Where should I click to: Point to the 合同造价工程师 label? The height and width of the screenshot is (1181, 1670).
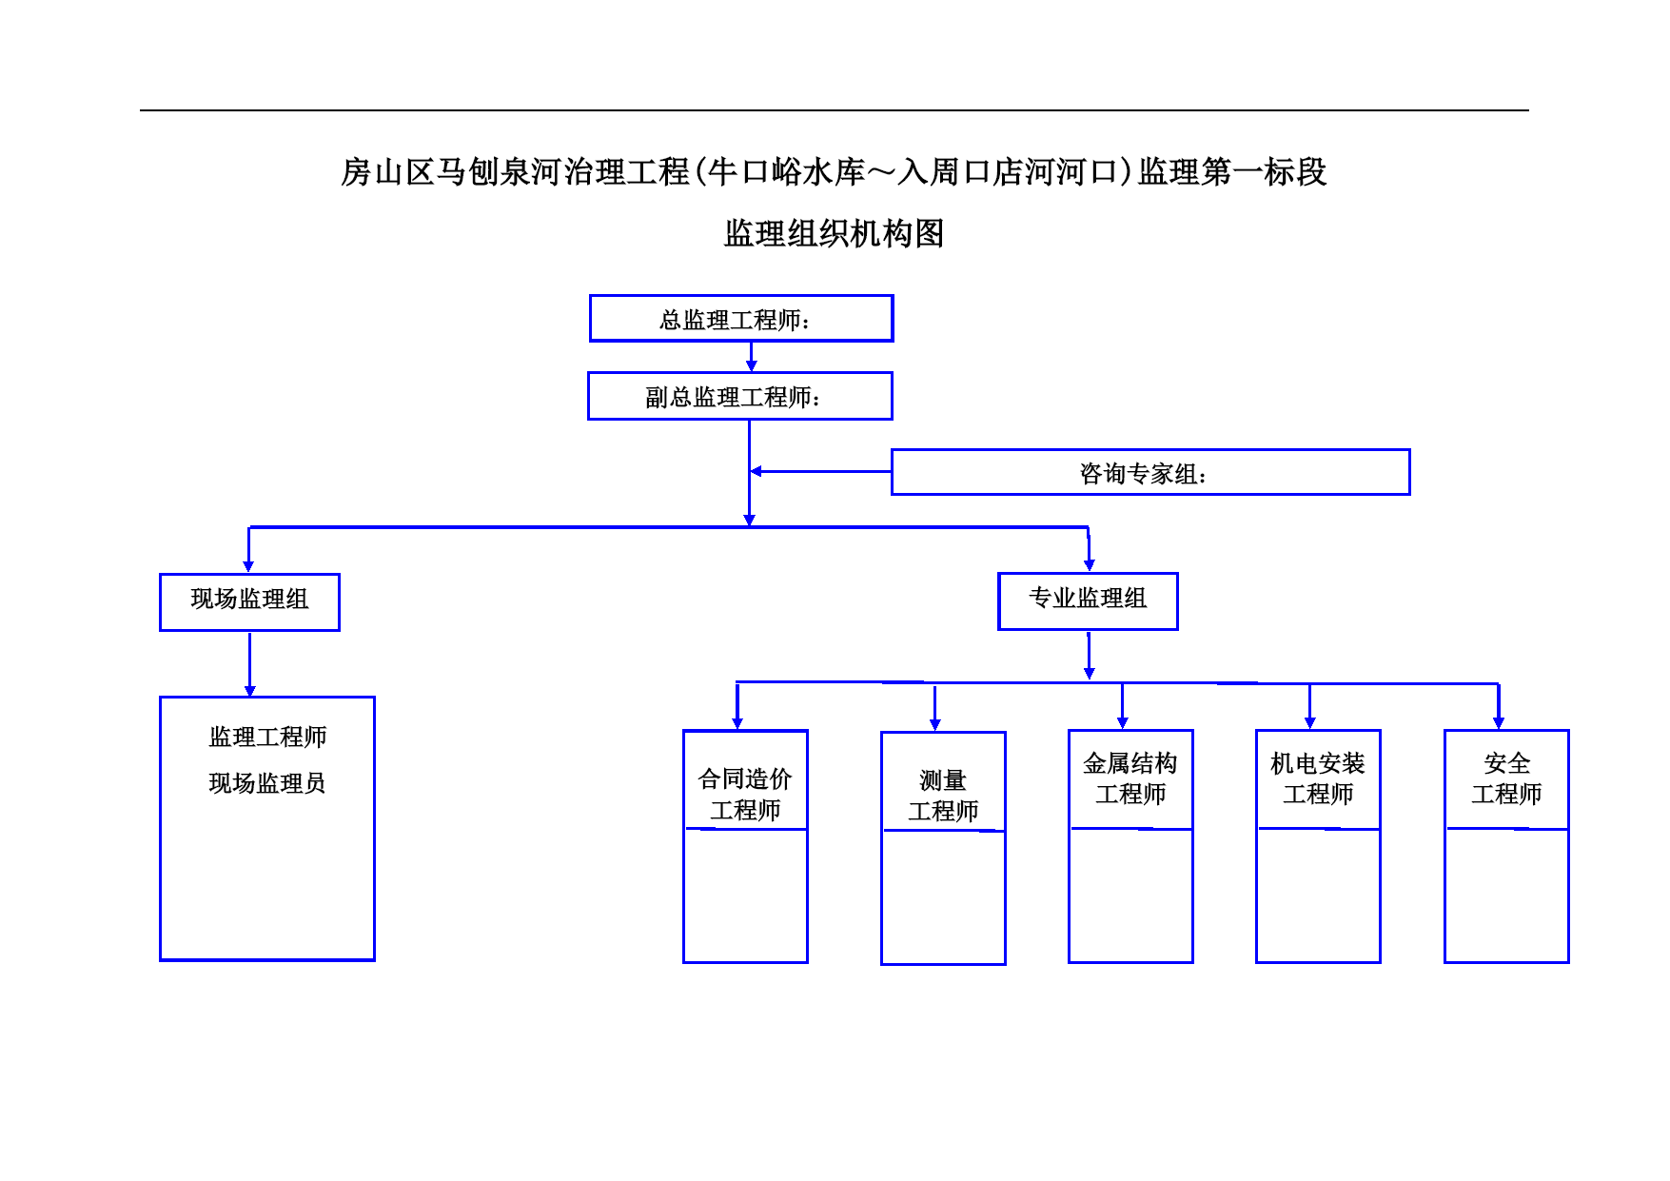click(x=745, y=794)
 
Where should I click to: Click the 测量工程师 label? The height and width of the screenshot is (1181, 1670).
click(x=943, y=796)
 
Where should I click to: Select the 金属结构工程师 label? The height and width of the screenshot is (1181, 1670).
click(x=1130, y=778)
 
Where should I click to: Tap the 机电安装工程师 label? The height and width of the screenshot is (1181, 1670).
click(x=1318, y=778)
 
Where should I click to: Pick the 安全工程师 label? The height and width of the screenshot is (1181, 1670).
click(x=1506, y=778)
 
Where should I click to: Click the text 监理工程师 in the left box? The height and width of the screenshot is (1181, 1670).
click(x=267, y=737)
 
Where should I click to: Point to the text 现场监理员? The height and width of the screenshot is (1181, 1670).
click(x=267, y=783)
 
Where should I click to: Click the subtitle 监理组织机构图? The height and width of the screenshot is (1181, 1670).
click(x=834, y=233)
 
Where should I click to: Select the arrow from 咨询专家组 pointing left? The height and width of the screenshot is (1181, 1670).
click(x=820, y=471)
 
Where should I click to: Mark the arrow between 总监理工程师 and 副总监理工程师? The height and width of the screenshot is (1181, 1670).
click(x=751, y=357)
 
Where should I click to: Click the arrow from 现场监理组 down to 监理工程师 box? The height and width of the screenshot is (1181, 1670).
click(x=249, y=664)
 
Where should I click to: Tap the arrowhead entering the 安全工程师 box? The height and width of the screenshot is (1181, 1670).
click(x=1499, y=723)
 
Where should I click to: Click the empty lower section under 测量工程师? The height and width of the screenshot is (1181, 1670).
click(x=943, y=897)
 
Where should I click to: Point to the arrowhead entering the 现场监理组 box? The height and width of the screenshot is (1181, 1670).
click(x=248, y=566)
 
